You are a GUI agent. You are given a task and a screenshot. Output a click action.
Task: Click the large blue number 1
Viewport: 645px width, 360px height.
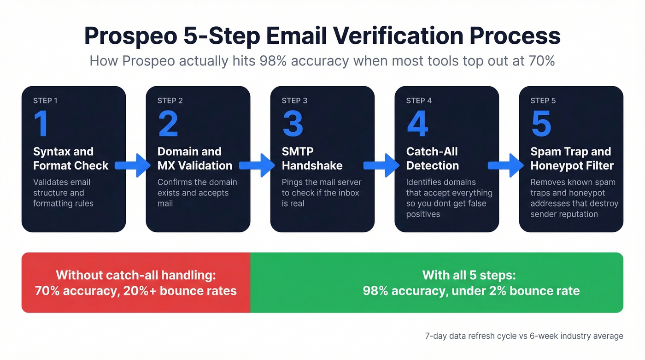coord(41,124)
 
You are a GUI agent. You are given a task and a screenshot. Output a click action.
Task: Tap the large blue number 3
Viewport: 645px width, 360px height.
coord(293,124)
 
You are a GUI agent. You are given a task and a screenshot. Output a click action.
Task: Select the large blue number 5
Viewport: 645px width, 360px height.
coord(541,124)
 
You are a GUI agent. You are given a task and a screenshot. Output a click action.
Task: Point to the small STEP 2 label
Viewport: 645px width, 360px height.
coord(170,100)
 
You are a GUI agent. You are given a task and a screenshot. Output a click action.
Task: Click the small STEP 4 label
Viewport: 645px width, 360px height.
coord(419,100)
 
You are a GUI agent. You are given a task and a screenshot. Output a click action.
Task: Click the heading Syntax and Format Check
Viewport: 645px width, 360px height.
coord(70,159)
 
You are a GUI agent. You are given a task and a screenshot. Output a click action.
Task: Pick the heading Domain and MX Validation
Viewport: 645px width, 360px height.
coord(194,159)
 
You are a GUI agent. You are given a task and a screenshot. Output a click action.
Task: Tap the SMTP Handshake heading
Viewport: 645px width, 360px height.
coord(312,159)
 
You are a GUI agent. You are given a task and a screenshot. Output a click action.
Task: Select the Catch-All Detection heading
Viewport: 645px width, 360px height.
coord(432,159)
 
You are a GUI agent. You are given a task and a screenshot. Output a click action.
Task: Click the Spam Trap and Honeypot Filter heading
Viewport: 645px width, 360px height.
coord(570,159)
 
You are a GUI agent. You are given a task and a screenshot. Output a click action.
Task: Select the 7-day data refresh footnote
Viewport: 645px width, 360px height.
coord(524,336)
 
